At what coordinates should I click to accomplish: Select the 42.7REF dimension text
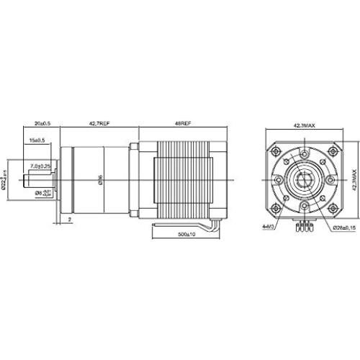click(x=99, y=124)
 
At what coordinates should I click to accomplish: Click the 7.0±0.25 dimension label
click(x=40, y=166)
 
